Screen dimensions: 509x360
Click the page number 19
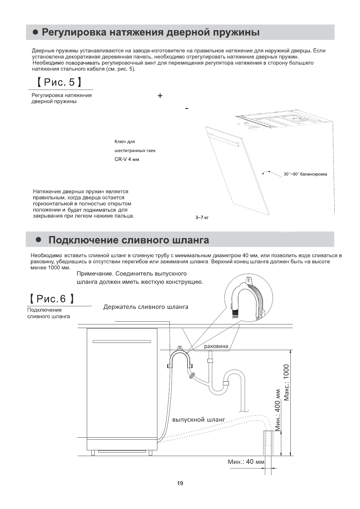click(x=180, y=483)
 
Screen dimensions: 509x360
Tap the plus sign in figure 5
click(x=160, y=96)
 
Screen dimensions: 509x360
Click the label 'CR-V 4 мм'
click(x=127, y=159)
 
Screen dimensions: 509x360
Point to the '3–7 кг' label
click(x=202, y=217)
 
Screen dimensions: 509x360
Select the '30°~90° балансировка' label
click(x=305, y=174)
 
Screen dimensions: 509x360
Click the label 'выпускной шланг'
click(x=199, y=420)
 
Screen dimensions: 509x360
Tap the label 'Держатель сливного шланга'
click(x=146, y=307)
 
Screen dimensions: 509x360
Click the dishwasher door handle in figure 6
click(x=122, y=342)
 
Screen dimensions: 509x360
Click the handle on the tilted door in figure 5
click(x=225, y=140)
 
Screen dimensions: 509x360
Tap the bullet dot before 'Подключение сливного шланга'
click(x=38, y=240)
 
